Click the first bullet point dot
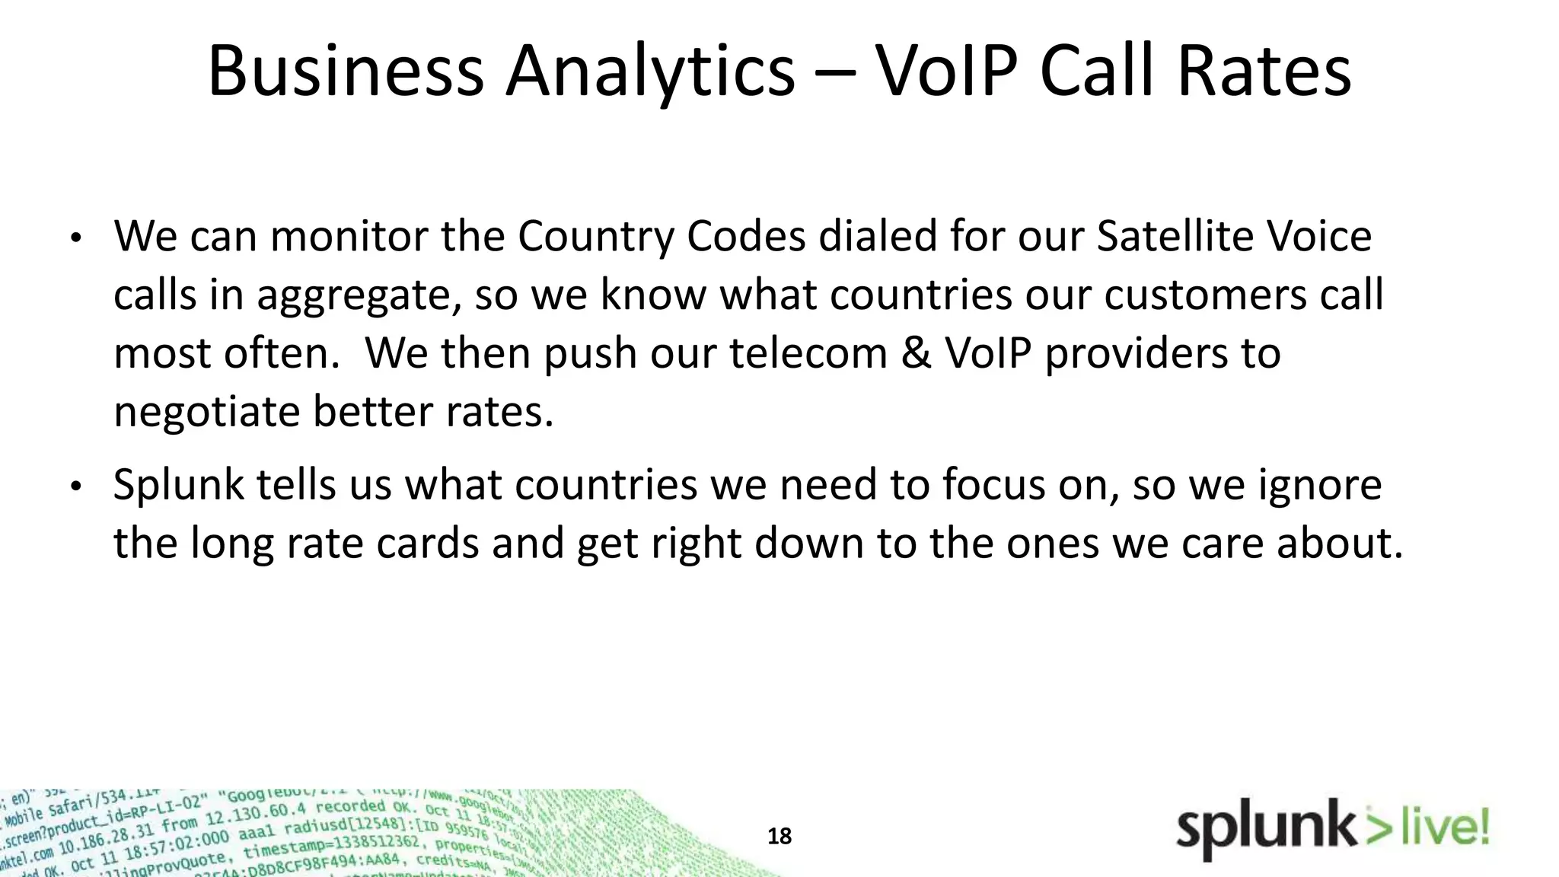(75, 239)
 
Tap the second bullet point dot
(75, 487)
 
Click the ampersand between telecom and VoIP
(917, 353)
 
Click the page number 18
(779, 837)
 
